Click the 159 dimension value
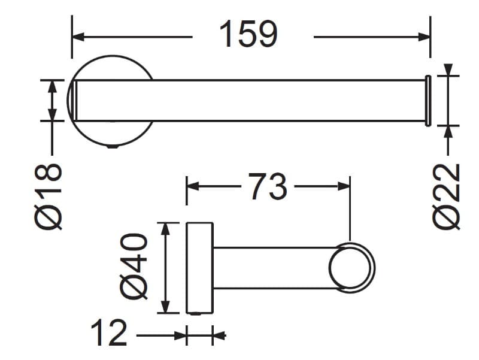[x=248, y=34]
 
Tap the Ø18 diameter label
[x=48, y=196]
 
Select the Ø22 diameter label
[x=446, y=196]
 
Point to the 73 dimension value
[x=268, y=186]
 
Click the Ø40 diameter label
[x=134, y=266]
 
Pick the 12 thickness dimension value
[x=109, y=332]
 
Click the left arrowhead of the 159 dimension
[x=78, y=37]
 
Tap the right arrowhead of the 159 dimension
[x=425, y=37]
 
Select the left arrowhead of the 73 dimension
[x=193, y=186]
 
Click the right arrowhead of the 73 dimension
[x=344, y=186]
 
